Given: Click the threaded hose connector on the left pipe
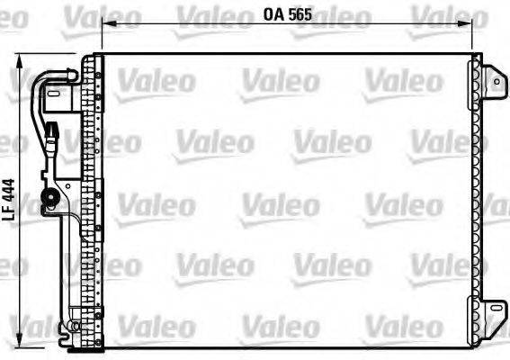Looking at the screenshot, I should [53, 139].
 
